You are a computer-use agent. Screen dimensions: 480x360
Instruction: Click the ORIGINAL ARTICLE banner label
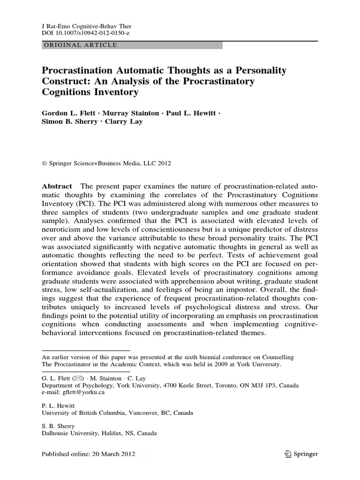[x=80, y=45]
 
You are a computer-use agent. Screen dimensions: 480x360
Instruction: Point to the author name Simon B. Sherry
[x=66, y=122]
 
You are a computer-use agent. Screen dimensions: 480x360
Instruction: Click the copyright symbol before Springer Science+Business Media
[x=45, y=164]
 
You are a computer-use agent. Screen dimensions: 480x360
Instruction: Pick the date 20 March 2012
[x=112, y=454]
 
